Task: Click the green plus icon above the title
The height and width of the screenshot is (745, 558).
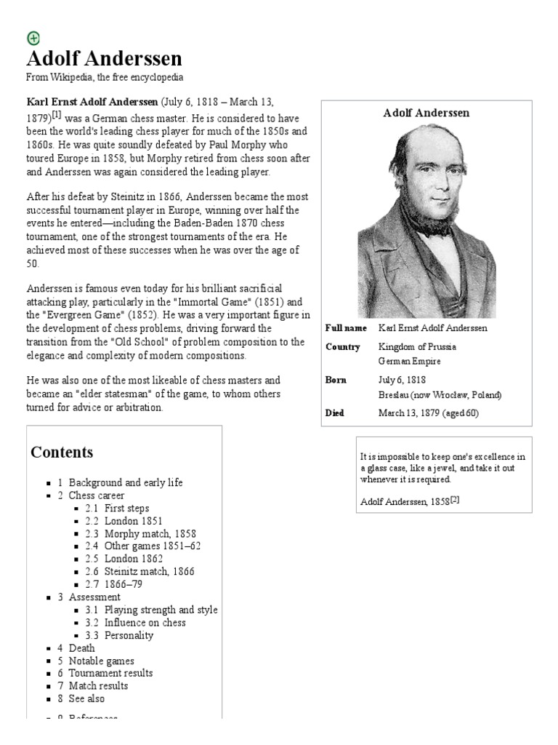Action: (x=33, y=39)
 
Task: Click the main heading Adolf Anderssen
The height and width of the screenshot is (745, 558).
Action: (x=104, y=59)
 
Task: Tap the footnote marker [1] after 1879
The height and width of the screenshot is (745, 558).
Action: (x=56, y=115)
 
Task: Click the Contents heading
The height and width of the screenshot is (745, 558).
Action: (x=62, y=452)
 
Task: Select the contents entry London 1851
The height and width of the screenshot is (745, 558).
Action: (x=133, y=521)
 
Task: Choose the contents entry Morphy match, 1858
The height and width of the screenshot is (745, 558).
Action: (x=150, y=533)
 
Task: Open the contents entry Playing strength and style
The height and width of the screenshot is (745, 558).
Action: (x=161, y=610)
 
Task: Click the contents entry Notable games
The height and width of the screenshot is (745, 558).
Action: (x=101, y=661)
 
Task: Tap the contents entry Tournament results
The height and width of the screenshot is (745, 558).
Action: (x=110, y=673)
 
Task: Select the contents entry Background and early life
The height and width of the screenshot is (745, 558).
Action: (x=126, y=482)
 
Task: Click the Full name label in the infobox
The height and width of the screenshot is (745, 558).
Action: (x=346, y=328)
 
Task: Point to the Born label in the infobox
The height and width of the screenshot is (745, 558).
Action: (x=336, y=380)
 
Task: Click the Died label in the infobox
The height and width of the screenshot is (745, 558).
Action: (x=335, y=413)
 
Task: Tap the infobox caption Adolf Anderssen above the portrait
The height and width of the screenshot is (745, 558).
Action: (x=426, y=113)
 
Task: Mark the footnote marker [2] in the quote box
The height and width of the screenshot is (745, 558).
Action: (x=455, y=499)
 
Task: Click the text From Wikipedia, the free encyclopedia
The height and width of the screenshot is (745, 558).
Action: (x=105, y=77)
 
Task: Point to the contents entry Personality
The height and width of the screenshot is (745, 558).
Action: (x=129, y=635)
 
